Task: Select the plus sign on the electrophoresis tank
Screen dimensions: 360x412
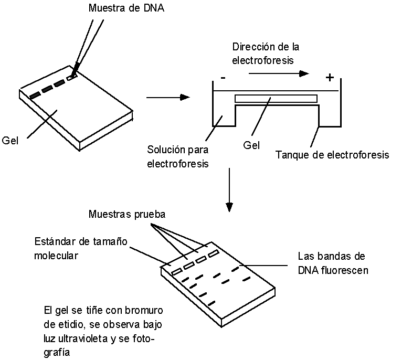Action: [x=329, y=78]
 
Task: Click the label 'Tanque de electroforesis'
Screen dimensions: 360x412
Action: [x=332, y=155]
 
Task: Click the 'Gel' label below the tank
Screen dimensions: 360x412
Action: [x=251, y=145]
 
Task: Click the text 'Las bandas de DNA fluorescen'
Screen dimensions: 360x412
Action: [x=333, y=263]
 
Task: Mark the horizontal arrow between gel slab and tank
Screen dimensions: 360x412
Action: [x=167, y=97]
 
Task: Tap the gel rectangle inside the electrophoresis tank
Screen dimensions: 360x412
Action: [x=276, y=98]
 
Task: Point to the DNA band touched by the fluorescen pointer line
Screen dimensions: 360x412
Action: [x=235, y=270]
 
